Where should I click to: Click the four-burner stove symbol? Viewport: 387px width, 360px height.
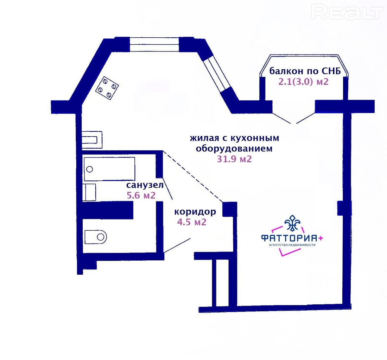pos(107,88)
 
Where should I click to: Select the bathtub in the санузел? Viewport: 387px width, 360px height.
pos(109,169)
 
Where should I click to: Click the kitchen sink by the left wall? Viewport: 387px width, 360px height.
pos(92,140)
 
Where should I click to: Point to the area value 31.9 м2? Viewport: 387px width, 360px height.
pos(234,159)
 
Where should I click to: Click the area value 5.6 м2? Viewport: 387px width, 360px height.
pos(141,195)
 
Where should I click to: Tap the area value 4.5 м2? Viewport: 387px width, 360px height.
pos(191,222)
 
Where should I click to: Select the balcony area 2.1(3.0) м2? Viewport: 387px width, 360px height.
pos(304,81)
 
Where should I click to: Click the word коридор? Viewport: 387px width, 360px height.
pos(195,212)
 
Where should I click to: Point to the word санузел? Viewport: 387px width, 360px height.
pos(145,185)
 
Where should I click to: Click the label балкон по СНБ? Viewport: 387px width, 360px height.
pos(305,71)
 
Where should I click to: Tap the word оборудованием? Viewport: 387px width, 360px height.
pos(234,149)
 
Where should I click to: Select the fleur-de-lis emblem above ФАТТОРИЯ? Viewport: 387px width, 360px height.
pos(292,223)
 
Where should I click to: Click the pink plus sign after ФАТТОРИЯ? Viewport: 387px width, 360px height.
pos(321,238)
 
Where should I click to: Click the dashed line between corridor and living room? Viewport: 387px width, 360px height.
pos(192,176)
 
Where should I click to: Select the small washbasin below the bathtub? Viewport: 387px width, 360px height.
pos(89,192)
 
